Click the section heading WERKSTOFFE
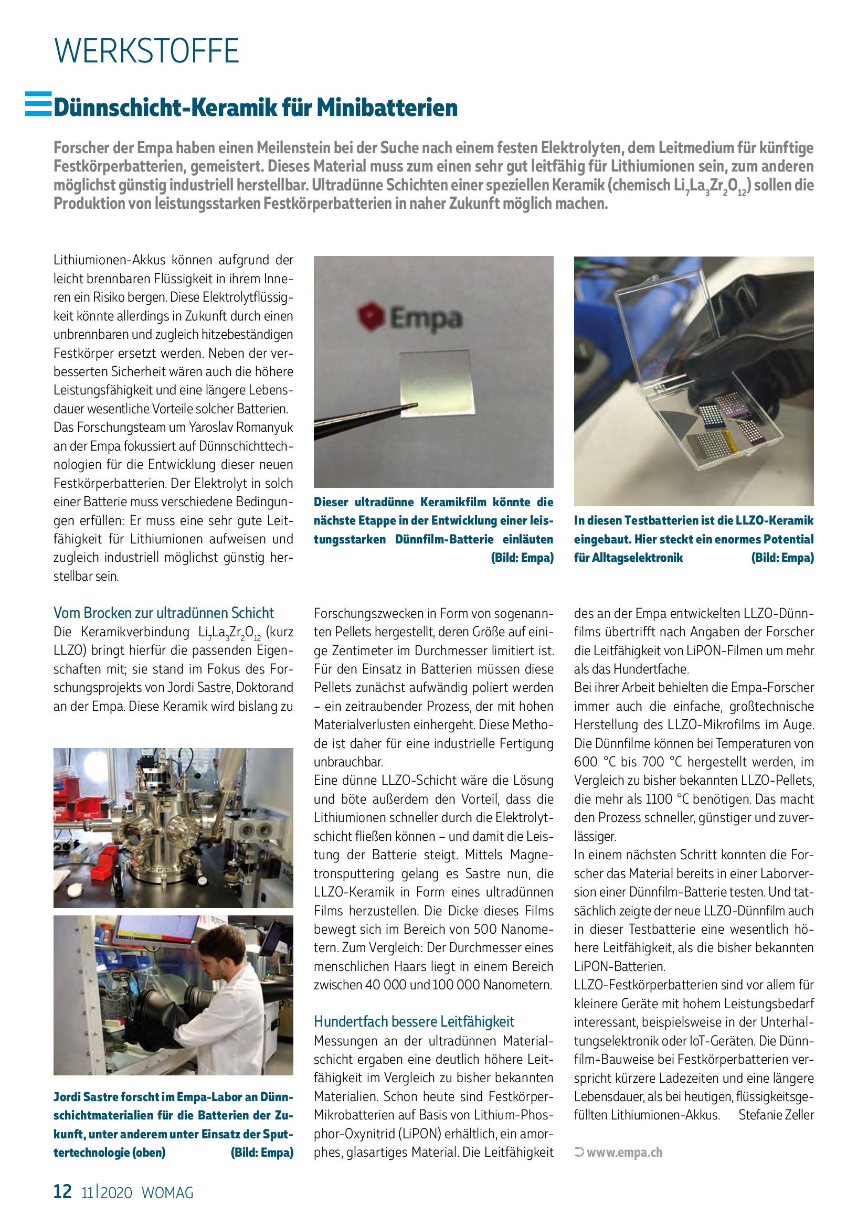146,51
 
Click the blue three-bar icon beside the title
38,104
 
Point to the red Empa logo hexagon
371,316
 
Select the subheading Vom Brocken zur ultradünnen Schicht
163,613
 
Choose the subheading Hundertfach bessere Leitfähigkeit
414,1022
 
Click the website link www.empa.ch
624,1152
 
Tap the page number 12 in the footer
62,1191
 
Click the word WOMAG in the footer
167,1193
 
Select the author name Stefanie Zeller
776,1115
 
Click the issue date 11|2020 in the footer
107,1193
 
